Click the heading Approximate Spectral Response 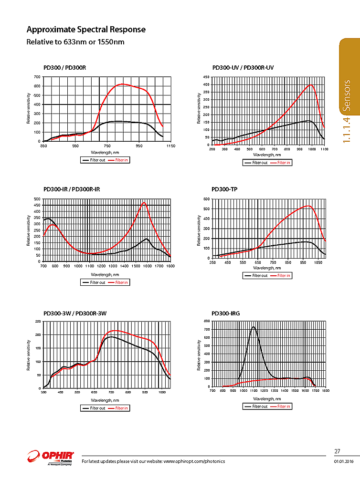click(x=86, y=30)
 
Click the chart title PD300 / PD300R click(x=64, y=68)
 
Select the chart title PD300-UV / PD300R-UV click(x=243, y=68)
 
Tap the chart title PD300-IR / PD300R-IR click(x=71, y=189)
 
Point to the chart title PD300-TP click(x=224, y=189)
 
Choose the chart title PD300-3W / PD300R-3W click(x=74, y=313)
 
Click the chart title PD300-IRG click(x=226, y=313)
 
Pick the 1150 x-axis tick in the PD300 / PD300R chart click(x=170, y=146)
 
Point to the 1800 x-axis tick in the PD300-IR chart click(x=170, y=266)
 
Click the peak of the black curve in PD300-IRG click(x=253, y=327)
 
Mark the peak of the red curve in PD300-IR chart click(x=144, y=203)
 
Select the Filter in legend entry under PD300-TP click(x=284, y=275)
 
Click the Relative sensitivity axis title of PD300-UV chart click(x=199, y=109)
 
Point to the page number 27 click(x=337, y=451)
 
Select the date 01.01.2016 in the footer click(x=342, y=461)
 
